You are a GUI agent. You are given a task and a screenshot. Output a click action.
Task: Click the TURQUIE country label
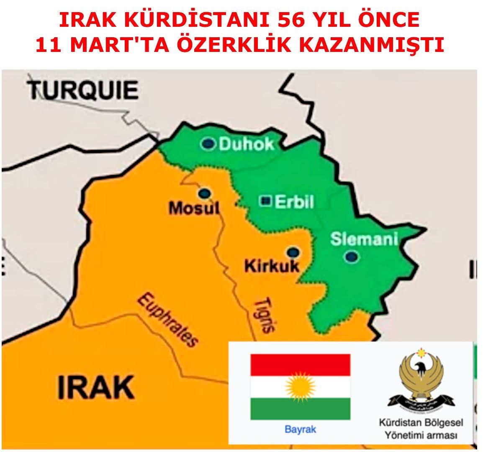pyautogui.click(x=84, y=90)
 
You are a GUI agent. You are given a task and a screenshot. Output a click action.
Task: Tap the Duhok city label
pyautogui.click(x=247, y=144)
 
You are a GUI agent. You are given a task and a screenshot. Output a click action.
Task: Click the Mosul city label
pyautogui.click(x=194, y=208)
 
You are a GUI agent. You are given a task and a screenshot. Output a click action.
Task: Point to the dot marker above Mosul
pyautogui.click(x=204, y=193)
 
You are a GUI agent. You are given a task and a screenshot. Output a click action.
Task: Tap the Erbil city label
pyautogui.click(x=294, y=202)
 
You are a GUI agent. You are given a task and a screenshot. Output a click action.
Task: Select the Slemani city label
pyautogui.click(x=364, y=239)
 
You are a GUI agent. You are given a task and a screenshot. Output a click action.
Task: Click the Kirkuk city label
pyautogui.click(x=272, y=266)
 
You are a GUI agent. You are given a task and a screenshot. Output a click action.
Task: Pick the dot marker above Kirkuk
pyautogui.click(x=293, y=252)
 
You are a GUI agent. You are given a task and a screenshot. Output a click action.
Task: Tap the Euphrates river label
pyautogui.click(x=168, y=320)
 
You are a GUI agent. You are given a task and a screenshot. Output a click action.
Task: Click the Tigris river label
pyautogui.click(x=265, y=314)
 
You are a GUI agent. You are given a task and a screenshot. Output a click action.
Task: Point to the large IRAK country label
pyautogui.click(x=96, y=387)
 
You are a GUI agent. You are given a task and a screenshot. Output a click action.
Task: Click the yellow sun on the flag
pyautogui.click(x=300, y=386)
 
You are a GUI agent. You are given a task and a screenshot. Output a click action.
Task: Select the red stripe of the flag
pyautogui.click(x=300, y=365)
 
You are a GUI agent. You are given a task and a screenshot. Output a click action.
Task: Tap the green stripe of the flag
pyautogui.click(x=300, y=408)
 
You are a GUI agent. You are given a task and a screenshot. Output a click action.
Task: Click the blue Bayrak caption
pyautogui.click(x=300, y=429)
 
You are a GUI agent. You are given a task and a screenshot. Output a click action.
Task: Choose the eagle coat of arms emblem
pyautogui.click(x=421, y=379)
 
